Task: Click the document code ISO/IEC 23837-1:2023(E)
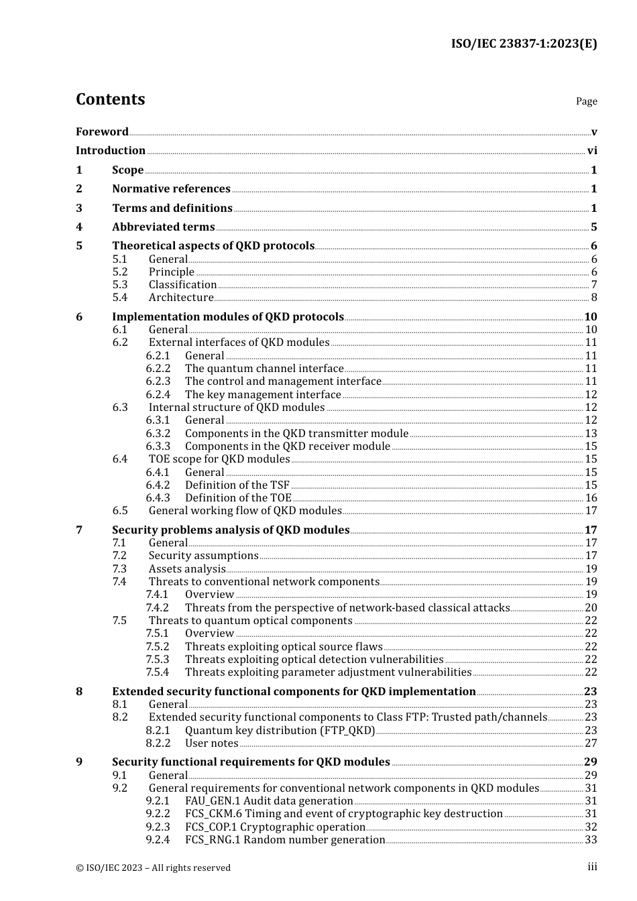click(524, 44)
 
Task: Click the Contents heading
click(111, 99)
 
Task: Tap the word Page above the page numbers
click(586, 101)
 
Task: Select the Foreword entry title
click(102, 132)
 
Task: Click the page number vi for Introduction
click(592, 151)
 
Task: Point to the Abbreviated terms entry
click(164, 227)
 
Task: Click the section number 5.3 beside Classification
click(120, 285)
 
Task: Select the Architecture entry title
click(181, 298)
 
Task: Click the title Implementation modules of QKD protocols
click(228, 317)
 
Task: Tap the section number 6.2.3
click(158, 381)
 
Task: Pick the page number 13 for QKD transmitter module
click(591, 434)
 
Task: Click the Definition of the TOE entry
click(238, 498)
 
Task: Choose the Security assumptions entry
click(203, 556)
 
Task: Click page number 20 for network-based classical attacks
click(591, 608)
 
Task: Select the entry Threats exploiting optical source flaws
click(284, 647)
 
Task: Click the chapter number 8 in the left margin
click(79, 692)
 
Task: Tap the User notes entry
click(212, 743)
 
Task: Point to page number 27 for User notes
click(591, 743)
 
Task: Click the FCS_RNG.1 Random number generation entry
click(285, 840)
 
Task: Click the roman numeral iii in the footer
click(592, 867)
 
